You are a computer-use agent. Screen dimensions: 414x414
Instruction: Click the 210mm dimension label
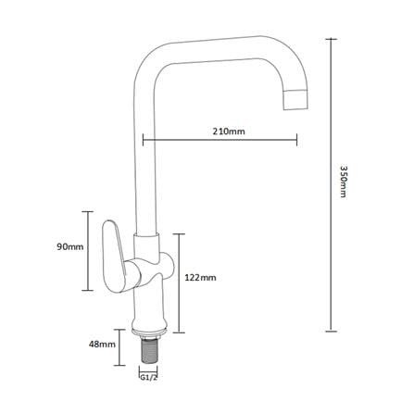[229, 132]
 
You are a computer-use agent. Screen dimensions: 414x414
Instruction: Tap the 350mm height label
[344, 182]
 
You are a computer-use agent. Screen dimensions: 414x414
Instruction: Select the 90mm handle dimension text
[70, 247]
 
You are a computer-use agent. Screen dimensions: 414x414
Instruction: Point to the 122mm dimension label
[200, 278]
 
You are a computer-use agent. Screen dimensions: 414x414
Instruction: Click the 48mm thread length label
[102, 345]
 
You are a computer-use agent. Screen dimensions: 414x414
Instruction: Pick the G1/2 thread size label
[149, 378]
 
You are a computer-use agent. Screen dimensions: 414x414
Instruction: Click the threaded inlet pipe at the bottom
[149, 350]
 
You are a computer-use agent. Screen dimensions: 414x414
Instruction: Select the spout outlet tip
[295, 99]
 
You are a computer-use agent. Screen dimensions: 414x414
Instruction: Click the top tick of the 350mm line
[331, 39]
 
